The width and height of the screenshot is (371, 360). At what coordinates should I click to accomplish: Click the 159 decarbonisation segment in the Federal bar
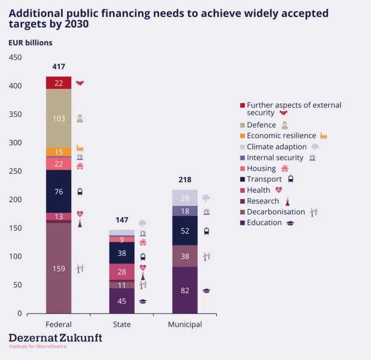click(x=59, y=269)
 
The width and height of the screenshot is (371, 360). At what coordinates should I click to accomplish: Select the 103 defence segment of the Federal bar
click(x=59, y=118)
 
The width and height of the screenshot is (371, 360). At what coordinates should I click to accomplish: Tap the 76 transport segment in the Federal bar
click(x=59, y=191)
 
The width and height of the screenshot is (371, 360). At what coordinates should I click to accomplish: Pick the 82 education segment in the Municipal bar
click(x=185, y=290)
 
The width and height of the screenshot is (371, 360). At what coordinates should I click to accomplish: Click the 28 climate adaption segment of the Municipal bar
click(x=185, y=198)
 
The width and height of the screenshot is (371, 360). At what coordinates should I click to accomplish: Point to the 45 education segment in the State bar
click(x=122, y=301)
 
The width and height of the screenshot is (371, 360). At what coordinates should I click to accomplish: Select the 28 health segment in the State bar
click(x=122, y=272)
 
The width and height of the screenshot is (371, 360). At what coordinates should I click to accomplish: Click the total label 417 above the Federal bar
click(x=59, y=67)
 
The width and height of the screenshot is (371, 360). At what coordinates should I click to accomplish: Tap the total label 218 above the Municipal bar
click(x=185, y=180)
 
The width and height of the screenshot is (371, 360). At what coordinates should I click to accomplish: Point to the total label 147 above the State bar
click(x=122, y=220)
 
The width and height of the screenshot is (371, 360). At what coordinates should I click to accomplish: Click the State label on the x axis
click(x=122, y=325)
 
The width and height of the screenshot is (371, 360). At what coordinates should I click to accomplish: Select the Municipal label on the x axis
click(x=185, y=325)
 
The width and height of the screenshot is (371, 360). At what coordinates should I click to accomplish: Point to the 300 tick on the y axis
click(x=16, y=143)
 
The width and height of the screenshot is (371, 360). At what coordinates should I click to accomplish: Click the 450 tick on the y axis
click(x=16, y=57)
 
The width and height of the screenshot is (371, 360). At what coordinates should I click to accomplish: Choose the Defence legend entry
click(x=261, y=125)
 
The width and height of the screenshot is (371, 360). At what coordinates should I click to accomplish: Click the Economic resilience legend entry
click(x=281, y=135)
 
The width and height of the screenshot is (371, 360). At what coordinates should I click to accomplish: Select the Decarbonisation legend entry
click(x=276, y=212)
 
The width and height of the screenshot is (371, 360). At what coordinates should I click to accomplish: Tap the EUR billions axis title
click(x=30, y=43)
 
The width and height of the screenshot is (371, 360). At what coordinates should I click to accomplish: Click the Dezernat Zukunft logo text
click(x=55, y=338)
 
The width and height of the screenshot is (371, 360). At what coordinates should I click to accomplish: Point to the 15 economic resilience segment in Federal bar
click(x=59, y=152)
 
